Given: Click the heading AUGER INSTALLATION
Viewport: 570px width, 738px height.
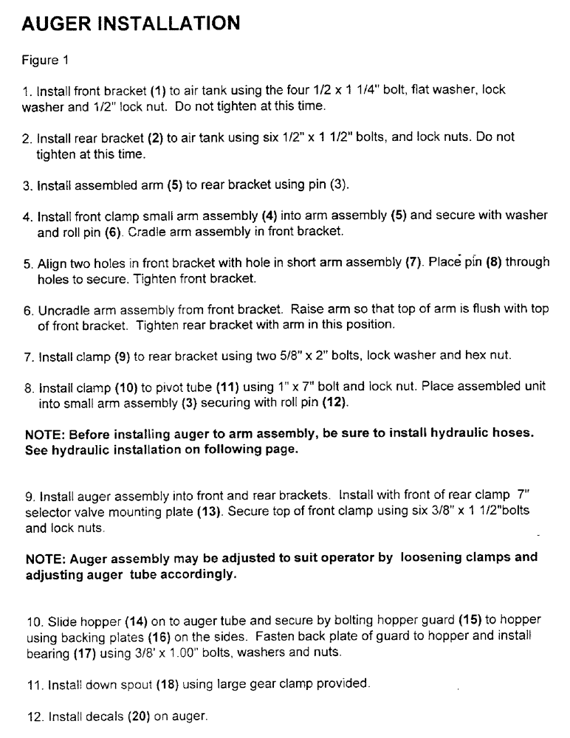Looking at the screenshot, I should tap(131, 23).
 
